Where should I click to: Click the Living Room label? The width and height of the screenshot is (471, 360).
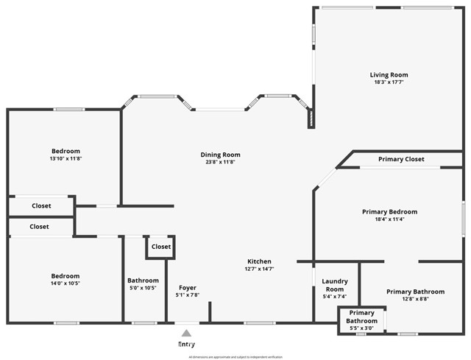[x=389, y=74]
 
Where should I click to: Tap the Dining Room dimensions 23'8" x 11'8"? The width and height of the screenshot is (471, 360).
[x=220, y=162]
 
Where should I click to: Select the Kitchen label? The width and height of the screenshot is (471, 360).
[x=259, y=261]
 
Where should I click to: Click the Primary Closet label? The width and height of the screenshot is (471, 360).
[x=401, y=159]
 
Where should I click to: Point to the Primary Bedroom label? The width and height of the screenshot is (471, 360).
[x=389, y=211]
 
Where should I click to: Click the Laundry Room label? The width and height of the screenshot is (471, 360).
[x=335, y=285]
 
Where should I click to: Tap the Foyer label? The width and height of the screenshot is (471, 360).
[x=188, y=287]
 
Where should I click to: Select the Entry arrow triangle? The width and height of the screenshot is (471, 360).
[x=186, y=333]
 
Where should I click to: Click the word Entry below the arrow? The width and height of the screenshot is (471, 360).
[x=186, y=344]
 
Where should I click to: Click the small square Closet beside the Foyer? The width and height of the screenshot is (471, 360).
[x=160, y=247]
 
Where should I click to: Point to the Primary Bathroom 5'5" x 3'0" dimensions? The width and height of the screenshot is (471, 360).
[x=361, y=328]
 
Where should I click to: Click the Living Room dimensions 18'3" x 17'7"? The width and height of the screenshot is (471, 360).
[x=389, y=82]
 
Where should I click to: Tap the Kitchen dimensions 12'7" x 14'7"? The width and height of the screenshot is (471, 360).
[x=259, y=269]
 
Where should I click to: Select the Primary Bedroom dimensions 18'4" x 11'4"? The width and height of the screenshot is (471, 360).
[x=389, y=219]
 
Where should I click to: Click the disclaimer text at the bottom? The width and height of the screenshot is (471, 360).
[x=235, y=356]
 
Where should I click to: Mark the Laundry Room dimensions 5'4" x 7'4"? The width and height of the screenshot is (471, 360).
[x=335, y=297]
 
